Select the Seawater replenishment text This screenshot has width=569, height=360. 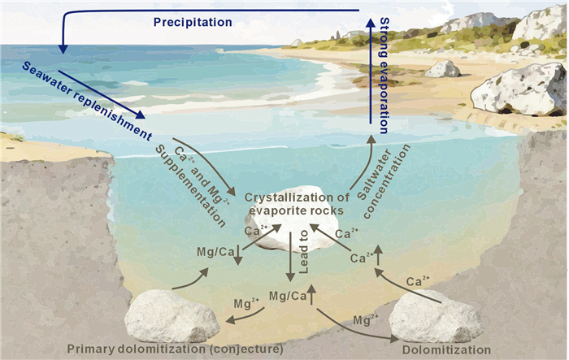(78, 89)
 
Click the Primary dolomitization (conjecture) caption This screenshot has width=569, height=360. (175, 349)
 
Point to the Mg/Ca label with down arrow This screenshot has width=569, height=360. (215, 254)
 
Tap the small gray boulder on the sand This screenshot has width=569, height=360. (443, 69)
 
